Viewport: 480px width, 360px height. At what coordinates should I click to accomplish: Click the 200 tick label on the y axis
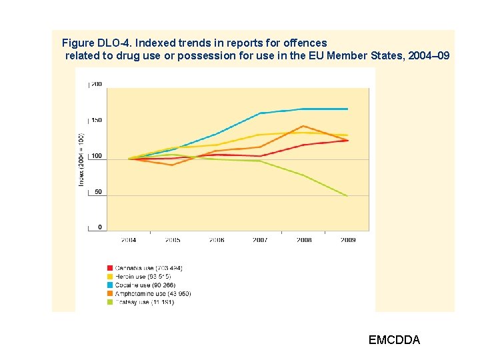[x=97, y=84]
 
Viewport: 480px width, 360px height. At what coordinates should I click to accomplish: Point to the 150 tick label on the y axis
[x=97, y=120]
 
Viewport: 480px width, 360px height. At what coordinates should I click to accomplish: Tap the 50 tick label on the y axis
[x=97, y=192]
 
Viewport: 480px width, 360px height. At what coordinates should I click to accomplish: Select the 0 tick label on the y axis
[x=100, y=227]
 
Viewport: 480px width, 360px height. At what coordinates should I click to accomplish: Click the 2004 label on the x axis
[x=129, y=240]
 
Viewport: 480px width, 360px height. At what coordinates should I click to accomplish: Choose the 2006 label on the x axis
[x=216, y=240]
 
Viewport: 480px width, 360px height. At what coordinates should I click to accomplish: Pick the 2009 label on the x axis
[x=347, y=240]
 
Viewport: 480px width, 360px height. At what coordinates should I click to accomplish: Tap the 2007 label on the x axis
[x=260, y=240]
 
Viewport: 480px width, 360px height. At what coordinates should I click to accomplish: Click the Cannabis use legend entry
[x=149, y=268]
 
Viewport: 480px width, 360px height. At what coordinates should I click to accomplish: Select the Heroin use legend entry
[x=143, y=276]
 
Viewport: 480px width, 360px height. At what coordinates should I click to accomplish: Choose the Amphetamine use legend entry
[x=153, y=293]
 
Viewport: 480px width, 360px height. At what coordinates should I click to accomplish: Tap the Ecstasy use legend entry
[x=144, y=302]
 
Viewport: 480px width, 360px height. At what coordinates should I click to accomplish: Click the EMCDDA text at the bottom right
[x=394, y=340]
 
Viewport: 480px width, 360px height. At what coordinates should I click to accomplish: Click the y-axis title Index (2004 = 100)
[x=81, y=159]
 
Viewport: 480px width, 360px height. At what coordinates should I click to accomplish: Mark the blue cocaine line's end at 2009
[x=347, y=109]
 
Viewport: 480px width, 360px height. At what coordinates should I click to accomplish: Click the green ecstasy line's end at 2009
[x=347, y=196]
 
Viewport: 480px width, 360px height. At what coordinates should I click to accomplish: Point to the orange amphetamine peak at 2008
[x=304, y=126]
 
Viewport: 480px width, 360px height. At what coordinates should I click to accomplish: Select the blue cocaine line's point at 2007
[x=260, y=113]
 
